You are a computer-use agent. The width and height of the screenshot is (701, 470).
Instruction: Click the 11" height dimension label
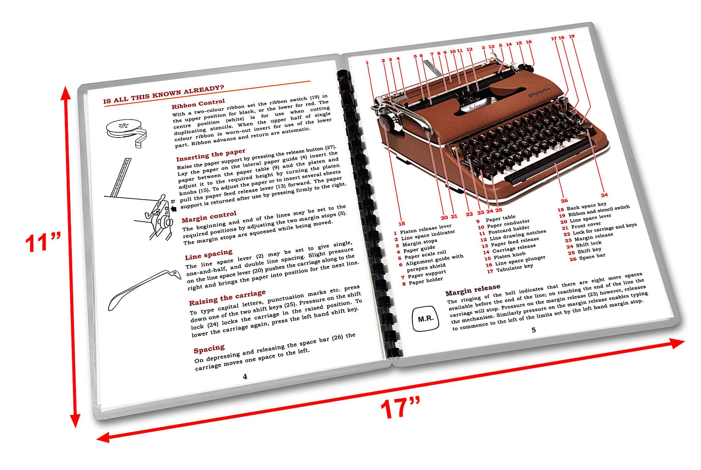pos(41,242)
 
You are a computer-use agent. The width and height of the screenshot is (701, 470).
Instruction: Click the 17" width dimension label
pos(400,408)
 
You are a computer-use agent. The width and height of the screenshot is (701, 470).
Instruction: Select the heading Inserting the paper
pos(210,154)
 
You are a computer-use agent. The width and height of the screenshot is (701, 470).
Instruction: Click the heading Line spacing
pos(209,255)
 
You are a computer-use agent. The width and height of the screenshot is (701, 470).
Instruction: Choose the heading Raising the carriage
pos(227,298)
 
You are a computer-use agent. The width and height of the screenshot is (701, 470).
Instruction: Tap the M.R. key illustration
pos(426,318)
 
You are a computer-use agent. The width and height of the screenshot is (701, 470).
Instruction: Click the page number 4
pos(245,376)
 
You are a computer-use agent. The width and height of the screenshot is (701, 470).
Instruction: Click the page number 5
pos(533,330)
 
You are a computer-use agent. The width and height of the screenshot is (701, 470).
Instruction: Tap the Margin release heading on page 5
pos(472,290)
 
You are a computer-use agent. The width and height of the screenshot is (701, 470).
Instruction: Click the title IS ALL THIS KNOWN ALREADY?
pos(164,94)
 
